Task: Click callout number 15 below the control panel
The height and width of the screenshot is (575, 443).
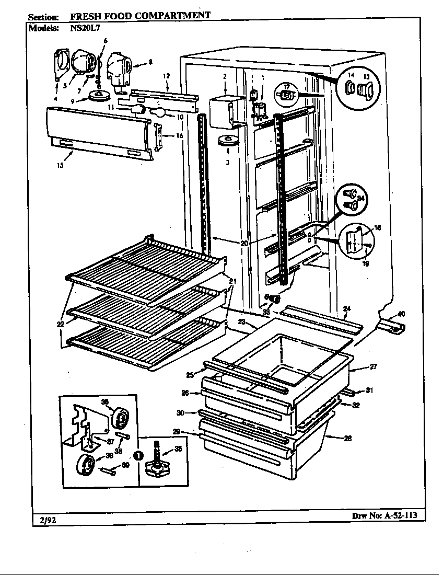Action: click(60, 166)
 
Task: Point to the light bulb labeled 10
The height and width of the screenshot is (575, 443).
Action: click(159, 111)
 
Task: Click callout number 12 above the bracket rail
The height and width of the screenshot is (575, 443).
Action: click(167, 76)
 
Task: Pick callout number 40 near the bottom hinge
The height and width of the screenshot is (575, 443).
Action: click(400, 314)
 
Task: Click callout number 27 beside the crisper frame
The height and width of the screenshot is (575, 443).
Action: click(374, 366)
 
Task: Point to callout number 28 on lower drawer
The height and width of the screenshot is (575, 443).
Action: click(347, 439)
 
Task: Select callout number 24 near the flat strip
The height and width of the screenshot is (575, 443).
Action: click(346, 308)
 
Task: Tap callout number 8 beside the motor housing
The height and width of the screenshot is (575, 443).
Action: click(150, 62)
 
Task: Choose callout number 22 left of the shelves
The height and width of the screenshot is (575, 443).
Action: click(61, 324)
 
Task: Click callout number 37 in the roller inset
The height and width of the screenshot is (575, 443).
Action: click(111, 441)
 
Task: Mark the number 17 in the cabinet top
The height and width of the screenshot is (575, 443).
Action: click(287, 87)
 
